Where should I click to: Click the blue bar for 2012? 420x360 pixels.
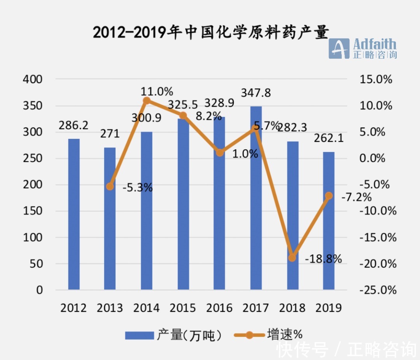74,214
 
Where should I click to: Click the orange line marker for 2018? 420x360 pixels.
292,257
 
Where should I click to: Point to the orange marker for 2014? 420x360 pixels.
147,101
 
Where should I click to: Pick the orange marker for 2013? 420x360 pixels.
110,187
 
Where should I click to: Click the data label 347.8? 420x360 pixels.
256,93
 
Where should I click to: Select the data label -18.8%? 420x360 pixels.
324,259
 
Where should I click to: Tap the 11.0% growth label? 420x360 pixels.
157,91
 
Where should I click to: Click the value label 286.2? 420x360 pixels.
74,125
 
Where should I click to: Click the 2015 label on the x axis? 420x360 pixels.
183,308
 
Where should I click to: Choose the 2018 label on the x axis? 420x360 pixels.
292,308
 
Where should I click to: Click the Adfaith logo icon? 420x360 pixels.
339,48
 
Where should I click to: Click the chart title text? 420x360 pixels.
211,32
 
